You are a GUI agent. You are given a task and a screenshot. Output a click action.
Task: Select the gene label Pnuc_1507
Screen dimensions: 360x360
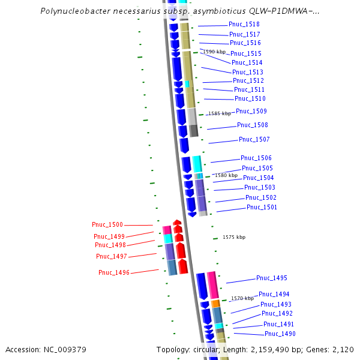pos(254,139)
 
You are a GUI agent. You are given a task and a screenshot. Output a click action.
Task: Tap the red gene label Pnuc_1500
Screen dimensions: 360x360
pos(107,224)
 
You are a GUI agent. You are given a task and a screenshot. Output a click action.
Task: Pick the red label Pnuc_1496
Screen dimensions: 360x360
pos(114,272)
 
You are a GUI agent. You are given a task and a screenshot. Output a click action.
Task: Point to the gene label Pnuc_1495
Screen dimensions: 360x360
pos(272,278)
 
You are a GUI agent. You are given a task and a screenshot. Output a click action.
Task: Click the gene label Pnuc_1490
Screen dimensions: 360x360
pos(280,334)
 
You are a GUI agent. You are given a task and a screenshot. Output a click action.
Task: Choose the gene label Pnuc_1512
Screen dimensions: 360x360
pos(248,80)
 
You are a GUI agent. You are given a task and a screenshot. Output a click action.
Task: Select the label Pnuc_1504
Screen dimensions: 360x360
pos(259,178)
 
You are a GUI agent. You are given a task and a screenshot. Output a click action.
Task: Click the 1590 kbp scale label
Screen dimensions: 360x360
pos(214,52)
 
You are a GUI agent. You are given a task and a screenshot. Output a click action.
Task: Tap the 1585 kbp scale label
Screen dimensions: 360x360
pos(219,113)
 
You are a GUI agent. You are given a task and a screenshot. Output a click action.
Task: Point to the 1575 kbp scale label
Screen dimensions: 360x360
pos(234,237)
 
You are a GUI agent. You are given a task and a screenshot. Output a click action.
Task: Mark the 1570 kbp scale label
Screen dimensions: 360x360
pos(242,298)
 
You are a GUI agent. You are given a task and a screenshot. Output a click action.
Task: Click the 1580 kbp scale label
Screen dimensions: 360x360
pos(226,175)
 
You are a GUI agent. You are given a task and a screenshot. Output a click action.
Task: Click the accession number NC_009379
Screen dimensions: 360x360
pos(64,349)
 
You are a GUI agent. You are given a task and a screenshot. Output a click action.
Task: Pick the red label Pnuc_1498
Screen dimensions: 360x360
pos(110,245)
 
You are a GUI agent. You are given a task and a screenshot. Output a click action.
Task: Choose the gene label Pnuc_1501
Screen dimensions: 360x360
pos(262,207)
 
